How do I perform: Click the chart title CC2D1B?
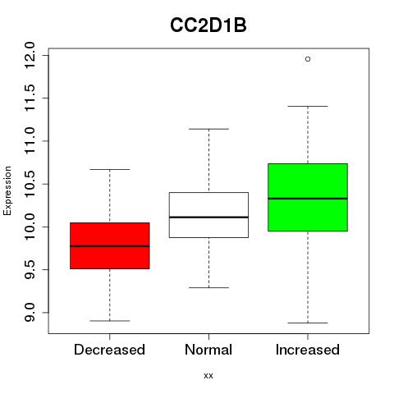[208, 25]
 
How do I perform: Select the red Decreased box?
[110, 245]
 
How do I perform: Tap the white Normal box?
[208, 215]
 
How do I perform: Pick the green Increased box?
[308, 197]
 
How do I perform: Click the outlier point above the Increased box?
[308, 59]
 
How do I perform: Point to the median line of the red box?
[110, 246]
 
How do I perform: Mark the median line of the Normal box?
[208, 217]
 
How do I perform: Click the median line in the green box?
[308, 199]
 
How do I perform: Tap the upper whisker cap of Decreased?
[110, 169]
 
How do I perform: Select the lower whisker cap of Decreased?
[110, 321]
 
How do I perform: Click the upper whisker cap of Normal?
[208, 129]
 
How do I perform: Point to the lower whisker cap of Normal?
[208, 287]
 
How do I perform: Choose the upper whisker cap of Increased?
[308, 106]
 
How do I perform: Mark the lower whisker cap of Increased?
[308, 323]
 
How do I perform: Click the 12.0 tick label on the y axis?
[30, 55]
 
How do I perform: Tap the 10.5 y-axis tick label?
[30, 184]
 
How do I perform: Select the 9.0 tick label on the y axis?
[30, 313]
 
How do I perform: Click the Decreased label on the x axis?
[109, 350]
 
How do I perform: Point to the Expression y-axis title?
[7, 191]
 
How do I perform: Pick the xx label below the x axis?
[208, 376]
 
